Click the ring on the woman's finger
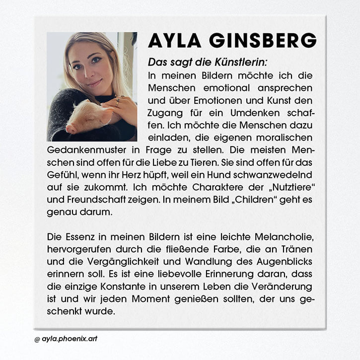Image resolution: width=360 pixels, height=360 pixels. click(x=117, y=102)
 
